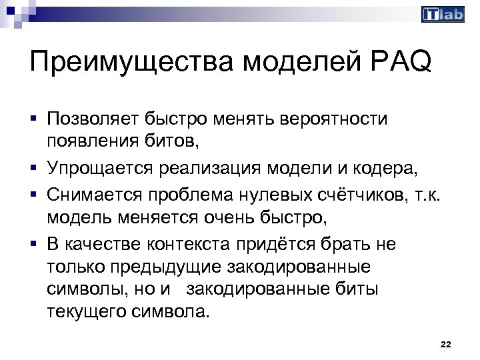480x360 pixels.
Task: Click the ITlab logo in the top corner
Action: click(x=443, y=15)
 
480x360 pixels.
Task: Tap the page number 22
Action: click(x=446, y=344)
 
